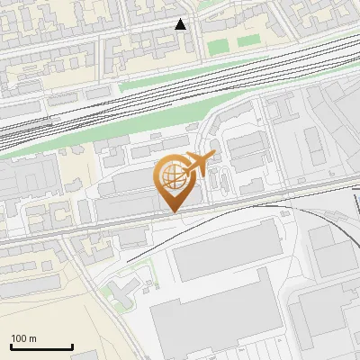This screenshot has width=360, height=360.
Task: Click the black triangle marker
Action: pyautogui.click(x=181, y=24)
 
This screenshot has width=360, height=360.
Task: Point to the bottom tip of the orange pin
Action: pyautogui.click(x=174, y=211)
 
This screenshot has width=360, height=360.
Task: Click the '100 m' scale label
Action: pyautogui.click(x=23, y=338)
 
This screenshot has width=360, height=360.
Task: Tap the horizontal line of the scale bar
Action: pyautogui.click(x=41, y=347)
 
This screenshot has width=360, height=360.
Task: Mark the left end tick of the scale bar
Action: pyautogui.click(x=11, y=346)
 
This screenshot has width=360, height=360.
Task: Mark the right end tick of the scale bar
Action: pyautogui.click(x=72, y=346)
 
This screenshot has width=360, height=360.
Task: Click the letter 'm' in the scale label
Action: pyautogui.click(x=32, y=338)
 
